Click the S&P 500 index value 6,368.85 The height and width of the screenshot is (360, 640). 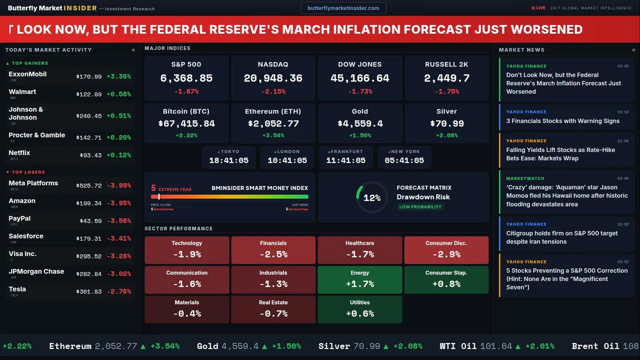tap(186, 78)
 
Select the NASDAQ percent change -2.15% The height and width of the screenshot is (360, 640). tap(273, 91)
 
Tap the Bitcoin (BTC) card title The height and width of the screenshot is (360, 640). tap(186, 111)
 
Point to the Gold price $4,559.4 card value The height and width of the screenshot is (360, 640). tap(360, 123)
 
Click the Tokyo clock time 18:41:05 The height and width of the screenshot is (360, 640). tap(228, 160)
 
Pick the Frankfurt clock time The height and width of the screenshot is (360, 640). tap(345, 160)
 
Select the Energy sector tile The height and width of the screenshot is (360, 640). tap(359, 279)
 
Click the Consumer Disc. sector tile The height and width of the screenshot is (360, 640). tap(446, 250)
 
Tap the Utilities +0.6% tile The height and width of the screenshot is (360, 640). tap(359, 309)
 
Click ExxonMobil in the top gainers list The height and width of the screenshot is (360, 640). tap(27, 74)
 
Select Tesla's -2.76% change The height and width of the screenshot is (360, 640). tap(119, 291)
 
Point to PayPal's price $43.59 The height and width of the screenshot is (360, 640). tap(90, 221)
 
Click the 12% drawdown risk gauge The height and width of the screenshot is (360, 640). tap(371, 198)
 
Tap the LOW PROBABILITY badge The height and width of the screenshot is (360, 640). tap(420, 207)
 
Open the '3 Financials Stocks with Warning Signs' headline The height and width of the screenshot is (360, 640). tap(562, 121)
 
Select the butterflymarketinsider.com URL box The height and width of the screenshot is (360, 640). tap(343, 8)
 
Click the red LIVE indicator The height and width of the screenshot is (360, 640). tap(538, 8)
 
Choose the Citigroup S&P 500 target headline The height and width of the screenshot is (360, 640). tap(561, 237)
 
